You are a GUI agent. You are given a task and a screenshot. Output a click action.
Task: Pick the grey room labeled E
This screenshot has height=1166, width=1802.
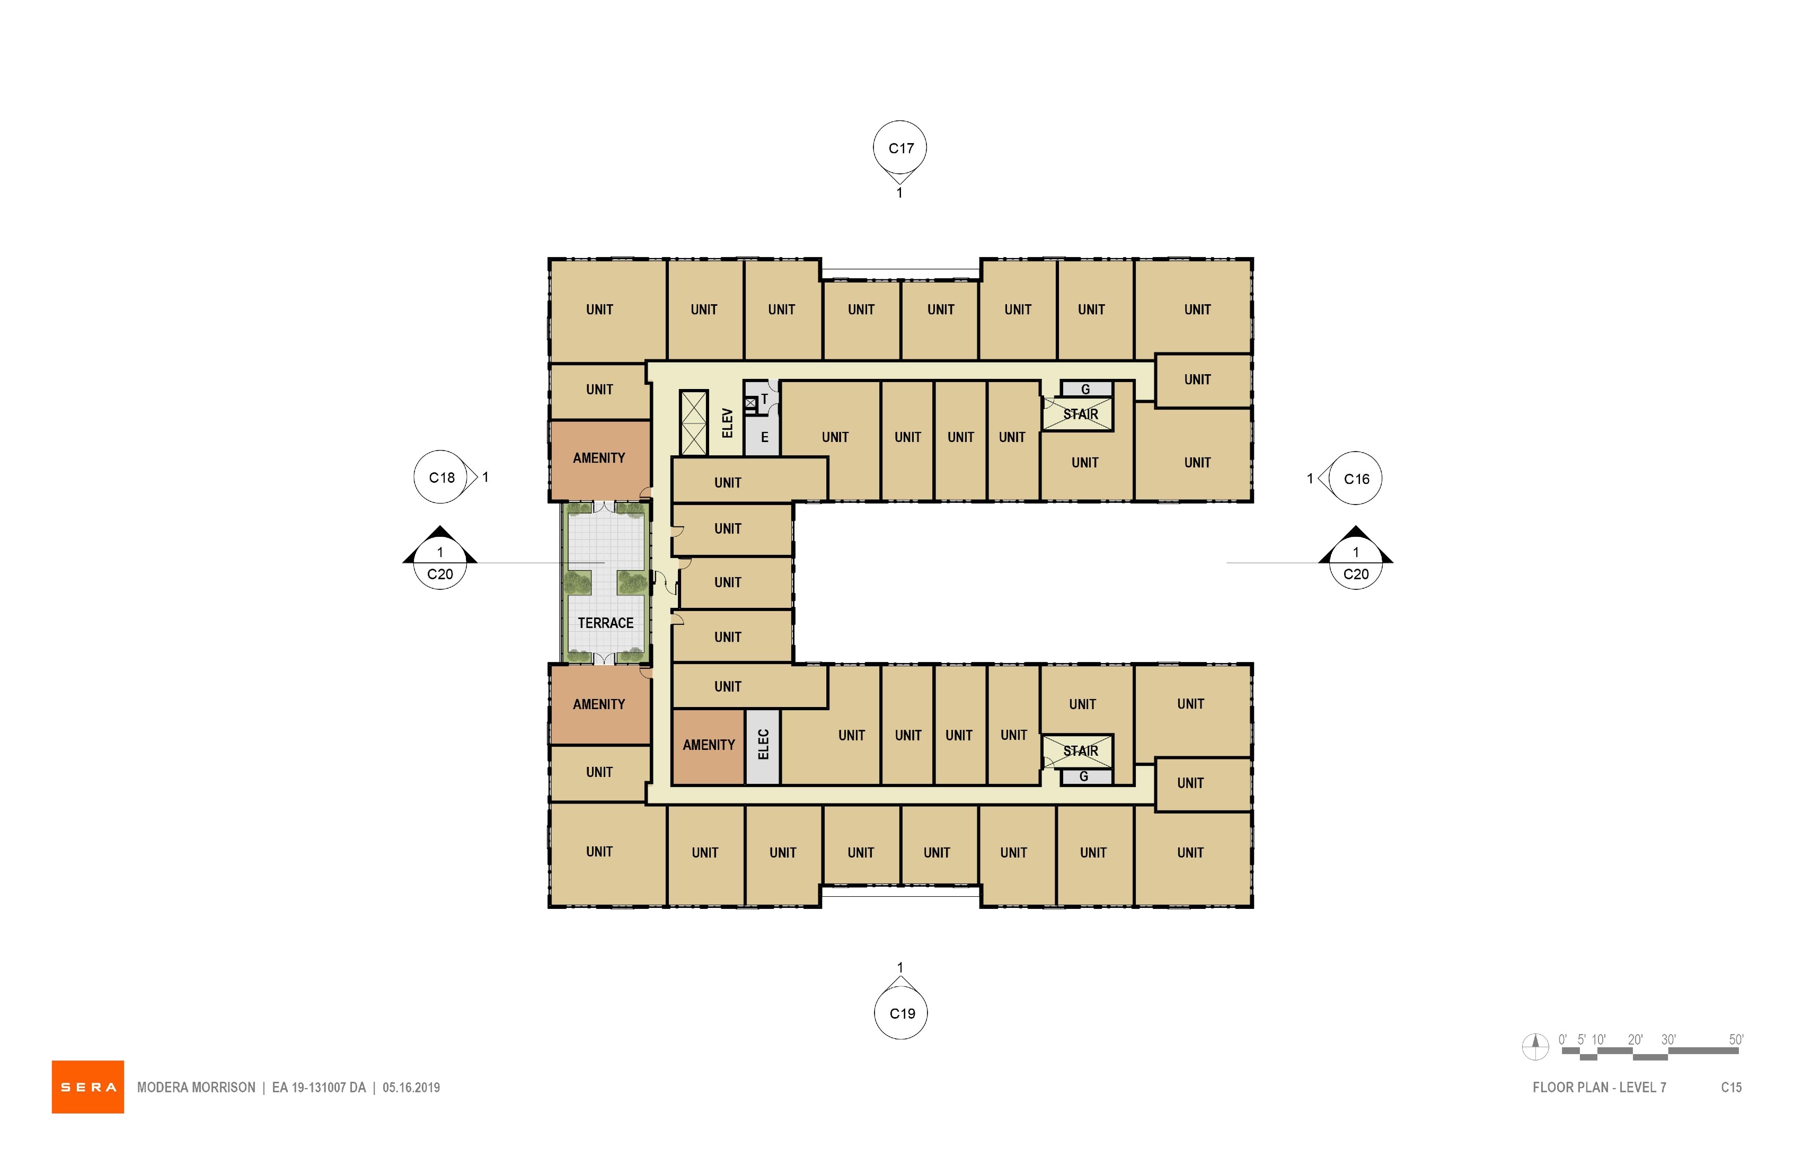click(763, 437)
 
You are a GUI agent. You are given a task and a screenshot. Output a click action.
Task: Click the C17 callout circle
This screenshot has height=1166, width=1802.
click(900, 148)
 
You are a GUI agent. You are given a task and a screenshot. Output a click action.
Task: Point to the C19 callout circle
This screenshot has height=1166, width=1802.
click(901, 1013)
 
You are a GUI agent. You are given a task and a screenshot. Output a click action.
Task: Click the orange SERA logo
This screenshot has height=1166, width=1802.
click(88, 1086)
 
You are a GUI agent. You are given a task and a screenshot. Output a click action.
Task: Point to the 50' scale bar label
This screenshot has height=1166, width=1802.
click(1736, 1039)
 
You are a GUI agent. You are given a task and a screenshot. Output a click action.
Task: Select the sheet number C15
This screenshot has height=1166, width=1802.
click(1731, 1087)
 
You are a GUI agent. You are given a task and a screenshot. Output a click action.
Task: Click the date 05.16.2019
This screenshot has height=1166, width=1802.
click(411, 1087)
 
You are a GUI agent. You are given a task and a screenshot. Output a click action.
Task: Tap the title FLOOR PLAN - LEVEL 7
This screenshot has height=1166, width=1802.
click(1599, 1087)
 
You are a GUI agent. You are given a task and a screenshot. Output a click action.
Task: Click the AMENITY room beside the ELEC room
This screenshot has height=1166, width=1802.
click(709, 746)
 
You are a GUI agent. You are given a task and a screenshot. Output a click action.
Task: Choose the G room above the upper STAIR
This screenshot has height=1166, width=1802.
click(1086, 388)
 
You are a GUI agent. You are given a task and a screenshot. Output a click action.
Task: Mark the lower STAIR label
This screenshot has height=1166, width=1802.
click(1081, 751)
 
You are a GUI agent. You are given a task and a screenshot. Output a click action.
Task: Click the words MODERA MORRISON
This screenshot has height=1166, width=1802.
click(196, 1087)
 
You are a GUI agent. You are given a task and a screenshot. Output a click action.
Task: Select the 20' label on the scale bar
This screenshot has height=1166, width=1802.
click(1636, 1039)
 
